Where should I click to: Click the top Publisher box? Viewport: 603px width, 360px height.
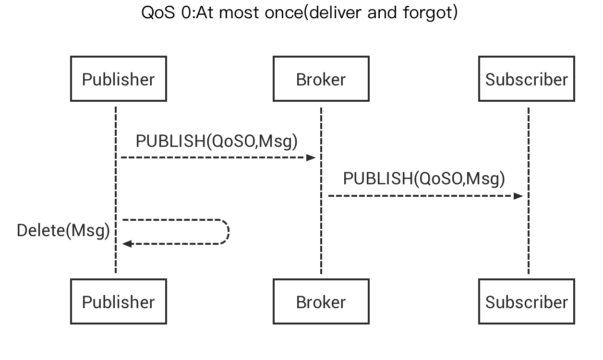point(119,79)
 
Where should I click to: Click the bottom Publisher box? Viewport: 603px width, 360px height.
point(119,302)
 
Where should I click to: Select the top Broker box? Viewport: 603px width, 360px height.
point(321,79)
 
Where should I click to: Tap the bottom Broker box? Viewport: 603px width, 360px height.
point(321,302)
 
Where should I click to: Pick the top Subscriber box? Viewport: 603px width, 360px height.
point(526,79)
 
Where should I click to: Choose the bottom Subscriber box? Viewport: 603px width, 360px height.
point(526,302)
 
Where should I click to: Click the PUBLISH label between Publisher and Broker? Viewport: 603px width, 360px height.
point(216,141)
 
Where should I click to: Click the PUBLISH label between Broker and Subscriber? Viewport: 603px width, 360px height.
point(423,179)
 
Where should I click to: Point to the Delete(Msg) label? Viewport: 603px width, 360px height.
point(63,231)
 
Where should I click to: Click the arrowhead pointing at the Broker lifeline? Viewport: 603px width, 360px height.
point(312,157)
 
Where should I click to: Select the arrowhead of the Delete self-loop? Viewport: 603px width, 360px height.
point(126,244)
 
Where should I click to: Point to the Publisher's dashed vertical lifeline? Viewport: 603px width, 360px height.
point(116,192)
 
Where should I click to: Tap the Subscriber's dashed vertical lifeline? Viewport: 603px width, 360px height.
point(529,230)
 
